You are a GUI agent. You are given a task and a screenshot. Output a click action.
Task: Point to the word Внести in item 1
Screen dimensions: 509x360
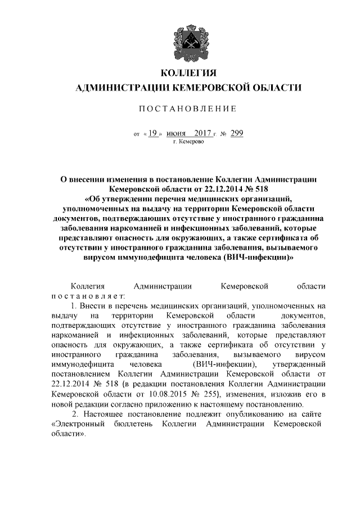pyautogui.click(x=95, y=306)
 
